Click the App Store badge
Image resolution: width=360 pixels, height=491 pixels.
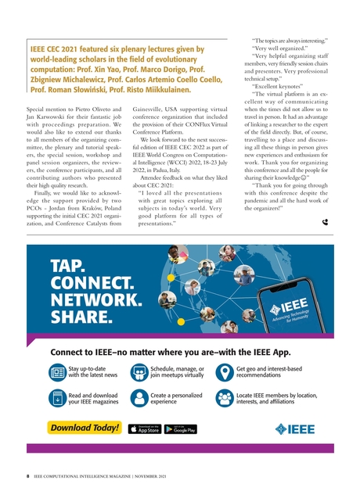(145, 428)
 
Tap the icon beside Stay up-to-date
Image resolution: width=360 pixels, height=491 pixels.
(58, 371)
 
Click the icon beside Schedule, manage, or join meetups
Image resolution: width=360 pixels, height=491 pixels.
(139, 371)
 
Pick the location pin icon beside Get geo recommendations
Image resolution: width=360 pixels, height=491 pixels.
(224, 371)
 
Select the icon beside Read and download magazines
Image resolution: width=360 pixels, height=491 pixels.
(58, 398)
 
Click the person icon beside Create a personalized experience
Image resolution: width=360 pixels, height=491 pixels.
(139, 398)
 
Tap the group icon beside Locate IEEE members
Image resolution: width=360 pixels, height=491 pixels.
(224, 398)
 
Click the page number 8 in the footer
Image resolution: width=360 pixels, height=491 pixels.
(28, 474)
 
